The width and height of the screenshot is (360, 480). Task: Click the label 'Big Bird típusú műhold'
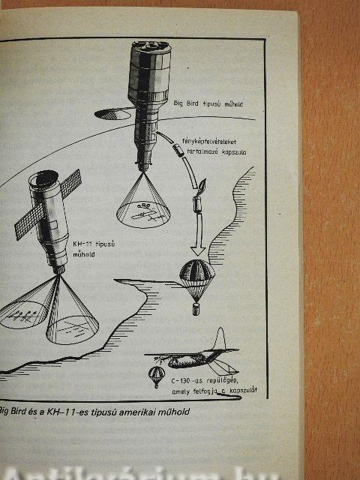(208, 103)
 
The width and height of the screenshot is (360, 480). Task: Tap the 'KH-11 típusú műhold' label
(94, 249)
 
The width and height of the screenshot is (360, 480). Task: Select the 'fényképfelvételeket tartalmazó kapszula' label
(214, 147)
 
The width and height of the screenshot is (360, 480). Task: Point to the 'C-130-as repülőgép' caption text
(205, 381)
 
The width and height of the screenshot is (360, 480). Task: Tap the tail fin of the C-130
(220, 339)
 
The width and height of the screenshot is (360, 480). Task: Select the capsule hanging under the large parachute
(196, 309)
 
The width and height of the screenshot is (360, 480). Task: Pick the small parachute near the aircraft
(157, 375)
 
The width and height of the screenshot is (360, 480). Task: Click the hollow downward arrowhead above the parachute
(198, 250)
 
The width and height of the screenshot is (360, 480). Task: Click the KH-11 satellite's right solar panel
(70, 183)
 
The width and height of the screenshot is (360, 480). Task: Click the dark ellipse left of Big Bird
(112, 114)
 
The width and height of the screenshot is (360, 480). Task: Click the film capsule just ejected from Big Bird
(178, 150)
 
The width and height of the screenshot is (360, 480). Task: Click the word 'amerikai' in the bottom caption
(137, 412)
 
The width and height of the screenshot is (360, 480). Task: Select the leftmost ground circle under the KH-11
(22, 314)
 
